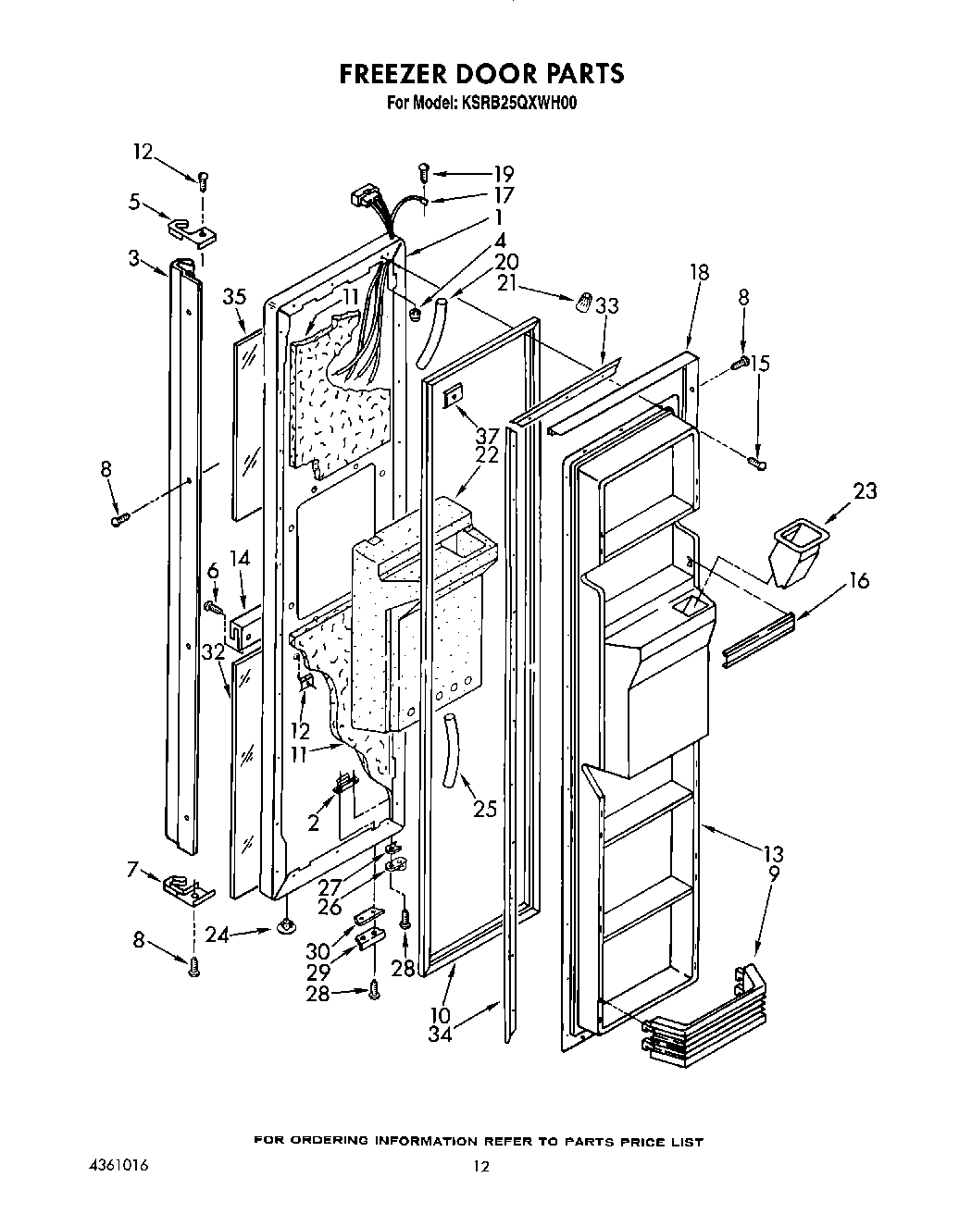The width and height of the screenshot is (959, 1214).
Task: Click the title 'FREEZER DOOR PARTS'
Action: pyautogui.click(x=481, y=74)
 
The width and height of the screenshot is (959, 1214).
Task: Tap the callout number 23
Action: pyautogui.click(x=865, y=491)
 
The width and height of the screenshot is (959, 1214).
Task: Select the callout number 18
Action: pyautogui.click(x=700, y=272)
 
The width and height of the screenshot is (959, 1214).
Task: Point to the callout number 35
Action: pyautogui.click(x=235, y=297)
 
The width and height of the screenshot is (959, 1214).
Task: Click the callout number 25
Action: pyautogui.click(x=484, y=809)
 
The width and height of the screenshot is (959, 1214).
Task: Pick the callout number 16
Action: pyautogui.click(x=859, y=580)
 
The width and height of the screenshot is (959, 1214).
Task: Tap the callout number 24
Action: pyautogui.click(x=217, y=935)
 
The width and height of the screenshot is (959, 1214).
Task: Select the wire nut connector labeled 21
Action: pyautogui.click(x=583, y=302)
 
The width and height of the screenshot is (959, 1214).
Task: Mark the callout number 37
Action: pyautogui.click(x=487, y=436)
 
